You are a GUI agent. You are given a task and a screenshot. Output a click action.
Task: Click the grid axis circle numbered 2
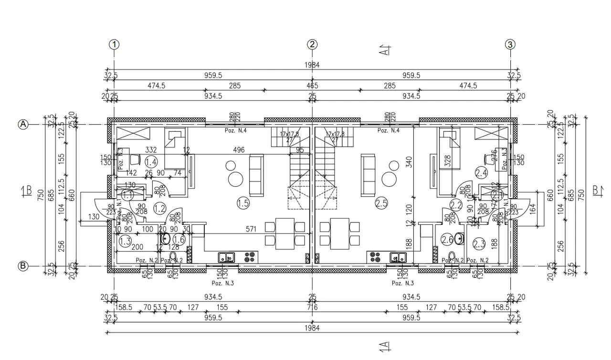[x=312, y=44]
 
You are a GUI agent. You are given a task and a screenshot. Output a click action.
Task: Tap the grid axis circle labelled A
[x=22, y=124]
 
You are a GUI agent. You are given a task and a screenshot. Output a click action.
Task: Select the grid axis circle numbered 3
[x=510, y=44]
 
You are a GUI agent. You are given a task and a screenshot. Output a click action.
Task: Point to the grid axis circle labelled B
[x=22, y=266]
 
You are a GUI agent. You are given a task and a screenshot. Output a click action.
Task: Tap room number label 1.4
[x=151, y=162]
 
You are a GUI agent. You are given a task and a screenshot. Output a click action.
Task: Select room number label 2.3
[x=479, y=244]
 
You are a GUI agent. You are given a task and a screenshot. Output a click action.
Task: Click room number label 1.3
[x=125, y=241]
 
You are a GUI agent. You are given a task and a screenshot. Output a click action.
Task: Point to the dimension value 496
[x=239, y=150]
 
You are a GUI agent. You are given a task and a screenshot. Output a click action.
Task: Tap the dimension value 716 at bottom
[x=313, y=307]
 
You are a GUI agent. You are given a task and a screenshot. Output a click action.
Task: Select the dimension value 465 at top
[x=312, y=86]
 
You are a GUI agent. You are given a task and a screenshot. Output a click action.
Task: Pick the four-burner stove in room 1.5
[x=250, y=258]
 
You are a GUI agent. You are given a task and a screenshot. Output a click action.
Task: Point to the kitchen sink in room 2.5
[x=398, y=258]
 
